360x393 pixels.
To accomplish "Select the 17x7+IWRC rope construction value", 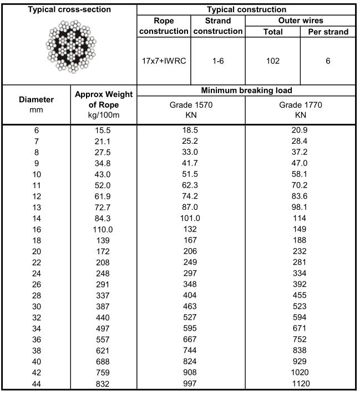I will (x=164, y=61).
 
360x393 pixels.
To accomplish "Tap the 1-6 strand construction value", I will (x=217, y=61).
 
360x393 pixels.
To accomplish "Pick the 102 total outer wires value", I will (x=272, y=61).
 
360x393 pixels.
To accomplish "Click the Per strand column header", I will (x=328, y=32).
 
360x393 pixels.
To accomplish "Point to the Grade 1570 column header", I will (x=191, y=109).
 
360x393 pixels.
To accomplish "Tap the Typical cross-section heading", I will (x=70, y=9).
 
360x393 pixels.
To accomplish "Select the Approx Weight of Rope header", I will (x=103, y=104).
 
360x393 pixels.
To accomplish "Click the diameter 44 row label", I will (x=37, y=383).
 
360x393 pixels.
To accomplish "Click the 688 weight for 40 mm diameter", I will (x=103, y=362).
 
